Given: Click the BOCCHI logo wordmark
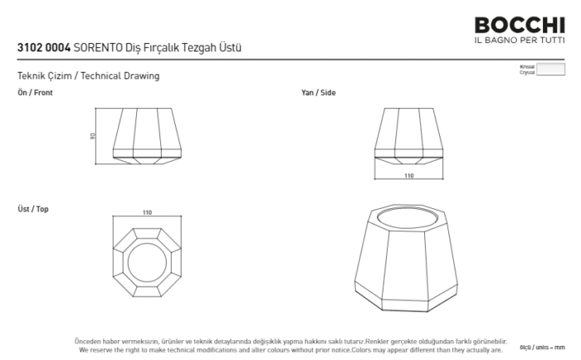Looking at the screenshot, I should pyautogui.click(x=519, y=26).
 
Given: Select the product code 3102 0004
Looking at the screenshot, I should pyautogui.click(x=43, y=49).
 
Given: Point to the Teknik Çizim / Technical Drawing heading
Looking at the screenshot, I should pyautogui.click(x=88, y=75).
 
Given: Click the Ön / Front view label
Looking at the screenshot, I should pyautogui.click(x=35, y=93).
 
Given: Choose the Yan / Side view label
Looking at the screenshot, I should pyautogui.click(x=318, y=93).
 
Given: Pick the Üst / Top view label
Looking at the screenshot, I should pyautogui.click(x=33, y=209).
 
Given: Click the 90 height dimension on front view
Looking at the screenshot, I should pyautogui.click(x=93, y=137).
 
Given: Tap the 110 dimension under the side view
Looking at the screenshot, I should pyautogui.click(x=408, y=176).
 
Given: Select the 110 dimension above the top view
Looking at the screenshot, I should pyautogui.click(x=147, y=213).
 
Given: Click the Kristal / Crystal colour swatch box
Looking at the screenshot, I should pyautogui.click(x=550, y=69).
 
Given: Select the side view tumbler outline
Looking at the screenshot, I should pyautogui.click(x=408, y=136).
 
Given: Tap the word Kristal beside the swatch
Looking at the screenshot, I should pyautogui.click(x=526, y=66).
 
